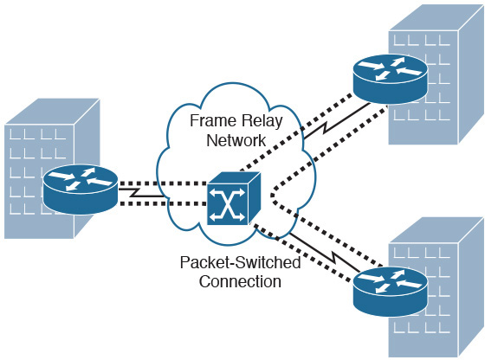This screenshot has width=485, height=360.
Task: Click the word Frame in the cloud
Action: (x=213, y=120)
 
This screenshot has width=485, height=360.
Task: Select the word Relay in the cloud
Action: (x=262, y=121)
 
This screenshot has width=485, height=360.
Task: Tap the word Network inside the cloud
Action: (x=236, y=140)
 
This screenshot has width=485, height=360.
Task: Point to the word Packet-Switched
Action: (x=241, y=262)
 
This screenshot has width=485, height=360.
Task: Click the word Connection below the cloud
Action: (x=240, y=281)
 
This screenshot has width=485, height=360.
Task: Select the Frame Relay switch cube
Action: (x=234, y=198)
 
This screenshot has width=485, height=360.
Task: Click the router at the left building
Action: (x=81, y=190)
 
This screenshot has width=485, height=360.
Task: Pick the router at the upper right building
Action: (x=391, y=79)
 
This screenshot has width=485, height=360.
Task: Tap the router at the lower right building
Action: (x=391, y=292)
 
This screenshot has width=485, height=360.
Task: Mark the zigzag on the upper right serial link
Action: (x=326, y=127)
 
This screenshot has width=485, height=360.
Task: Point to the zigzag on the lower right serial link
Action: (x=333, y=257)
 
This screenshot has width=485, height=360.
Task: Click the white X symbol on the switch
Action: (x=227, y=205)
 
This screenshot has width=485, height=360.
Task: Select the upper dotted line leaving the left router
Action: (x=163, y=183)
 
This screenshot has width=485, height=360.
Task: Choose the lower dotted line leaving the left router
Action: (x=163, y=203)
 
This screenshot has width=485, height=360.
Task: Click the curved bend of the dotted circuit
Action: (x=273, y=196)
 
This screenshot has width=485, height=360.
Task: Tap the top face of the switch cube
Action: (x=235, y=178)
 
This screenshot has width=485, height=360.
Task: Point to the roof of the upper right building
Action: (x=436, y=17)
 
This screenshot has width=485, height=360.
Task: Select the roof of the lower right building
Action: (x=436, y=230)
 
